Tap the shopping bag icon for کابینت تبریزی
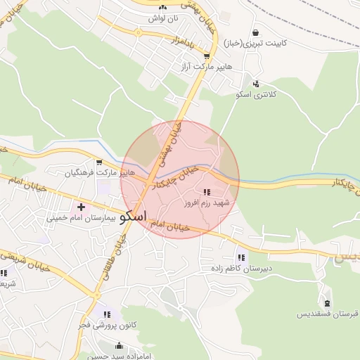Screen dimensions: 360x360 [255, 32]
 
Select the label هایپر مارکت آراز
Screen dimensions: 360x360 [205, 65]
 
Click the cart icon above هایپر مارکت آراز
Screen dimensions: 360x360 [206, 56]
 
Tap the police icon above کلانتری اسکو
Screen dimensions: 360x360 [256, 84]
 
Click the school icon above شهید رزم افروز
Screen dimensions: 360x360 [206, 192]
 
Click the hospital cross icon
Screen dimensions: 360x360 [82, 207]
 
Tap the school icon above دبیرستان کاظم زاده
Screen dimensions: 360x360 [242, 258]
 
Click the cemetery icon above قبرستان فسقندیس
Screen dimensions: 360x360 [326, 302]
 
